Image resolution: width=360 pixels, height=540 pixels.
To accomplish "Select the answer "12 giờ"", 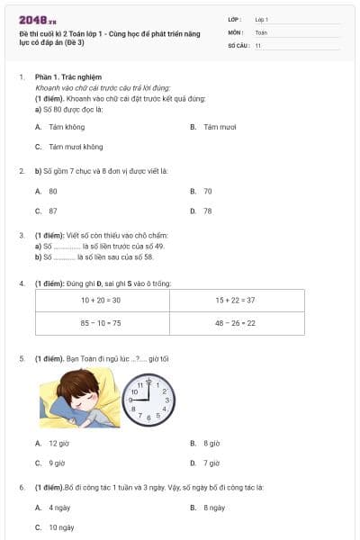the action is point(58,444).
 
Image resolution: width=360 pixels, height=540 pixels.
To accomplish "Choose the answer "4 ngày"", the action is point(60,508).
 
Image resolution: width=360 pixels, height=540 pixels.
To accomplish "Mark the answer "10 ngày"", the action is point(61,526).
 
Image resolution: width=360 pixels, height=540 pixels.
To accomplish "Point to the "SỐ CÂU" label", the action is point(238,43).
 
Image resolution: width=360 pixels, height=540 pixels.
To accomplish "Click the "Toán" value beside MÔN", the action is point(261,31).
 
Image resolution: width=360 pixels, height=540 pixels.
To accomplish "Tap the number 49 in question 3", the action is point(133,246).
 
